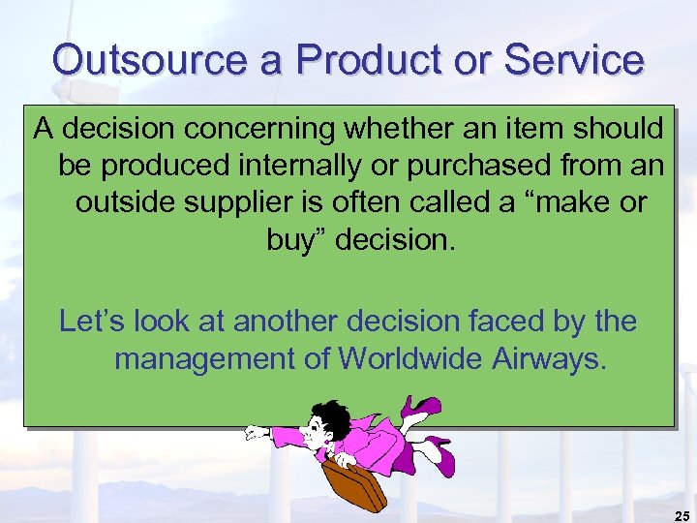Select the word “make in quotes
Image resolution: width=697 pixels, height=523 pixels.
[549, 203]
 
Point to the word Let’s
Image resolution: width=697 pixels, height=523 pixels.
[95, 321]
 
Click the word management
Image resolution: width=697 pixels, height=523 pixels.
[204, 358]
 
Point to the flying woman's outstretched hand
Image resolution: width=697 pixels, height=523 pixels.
[255, 433]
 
